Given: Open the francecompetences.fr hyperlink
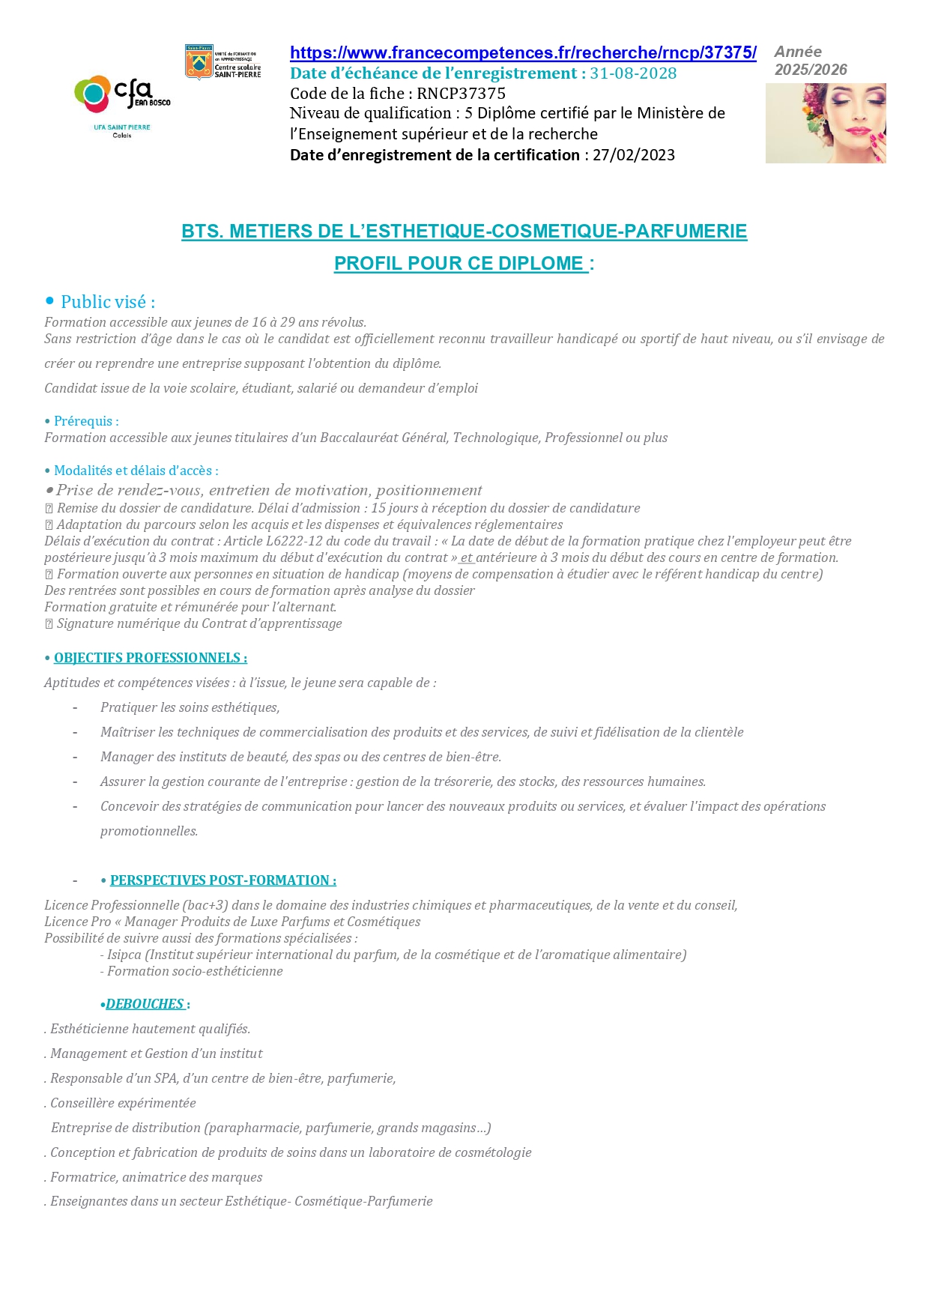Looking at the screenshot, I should click(x=523, y=53).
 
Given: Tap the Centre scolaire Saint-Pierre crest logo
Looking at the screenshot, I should click(x=199, y=62).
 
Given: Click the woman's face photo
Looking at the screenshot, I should click(x=826, y=123).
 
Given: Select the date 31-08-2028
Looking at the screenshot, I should click(x=633, y=73).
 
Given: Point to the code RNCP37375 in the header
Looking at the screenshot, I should click(x=461, y=94).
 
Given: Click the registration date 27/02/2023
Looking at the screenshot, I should click(x=634, y=155).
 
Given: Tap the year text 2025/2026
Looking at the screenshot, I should click(x=811, y=70).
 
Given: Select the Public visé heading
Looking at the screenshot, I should click(x=108, y=302).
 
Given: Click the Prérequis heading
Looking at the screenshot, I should click(x=86, y=421).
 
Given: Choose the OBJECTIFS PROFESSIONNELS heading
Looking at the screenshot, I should click(x=150, y=658).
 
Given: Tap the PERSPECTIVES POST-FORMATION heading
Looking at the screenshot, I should click(x=223, y=880).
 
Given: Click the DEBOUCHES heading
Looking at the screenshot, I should click(x=145, y=1004).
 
